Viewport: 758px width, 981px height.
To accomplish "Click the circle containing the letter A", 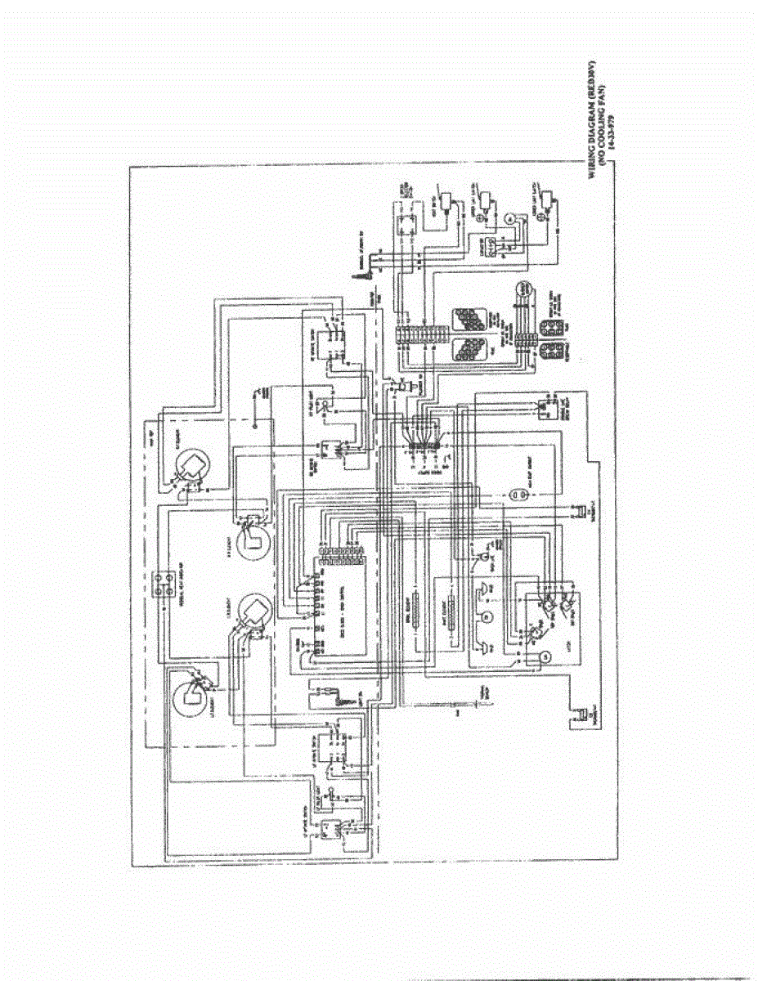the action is pos(508,219).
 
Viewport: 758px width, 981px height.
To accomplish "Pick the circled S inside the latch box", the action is pos(546,654).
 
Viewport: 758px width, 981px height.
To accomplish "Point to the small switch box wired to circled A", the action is pos(487,244).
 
